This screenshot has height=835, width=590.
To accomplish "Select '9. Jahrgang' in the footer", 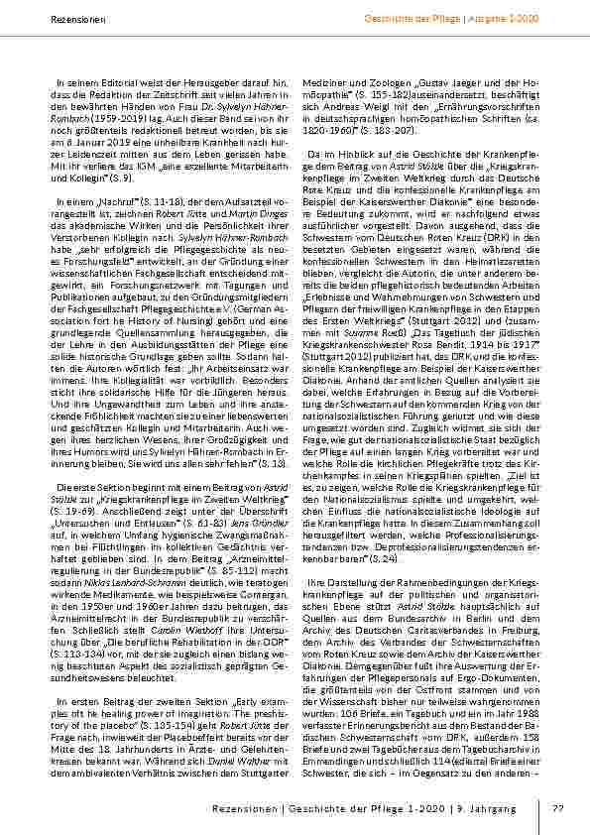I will click(x=489, y=809).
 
